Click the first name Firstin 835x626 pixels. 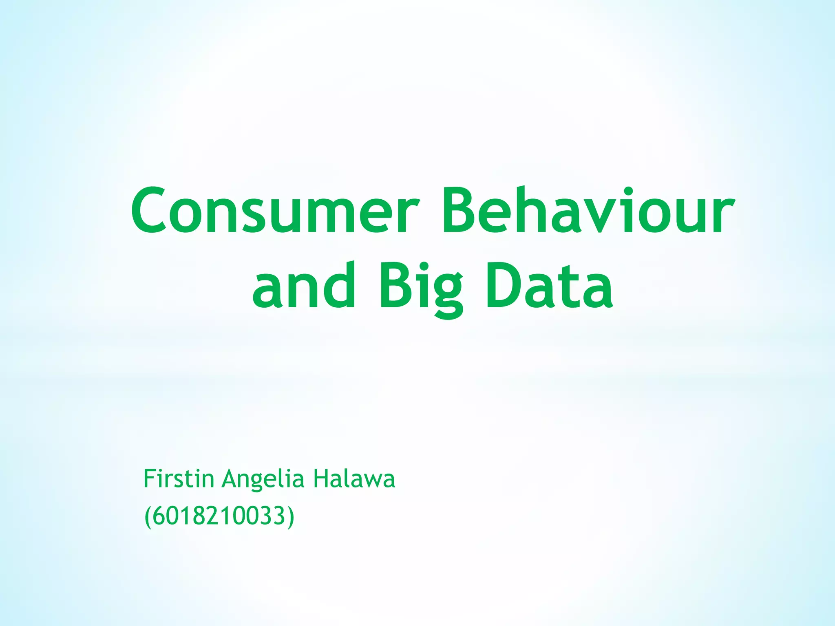tap(179, 479)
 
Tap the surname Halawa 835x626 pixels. tap(354, 479)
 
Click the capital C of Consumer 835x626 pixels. tap(148, 211)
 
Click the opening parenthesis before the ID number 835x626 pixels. tap(148, 517)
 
